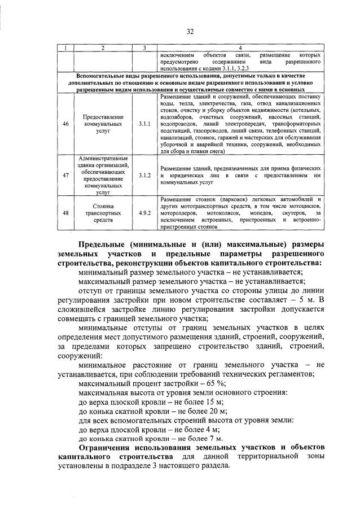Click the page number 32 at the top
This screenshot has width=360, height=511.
190,32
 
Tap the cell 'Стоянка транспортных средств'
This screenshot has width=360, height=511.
103,213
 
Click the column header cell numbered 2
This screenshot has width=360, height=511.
103,47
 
